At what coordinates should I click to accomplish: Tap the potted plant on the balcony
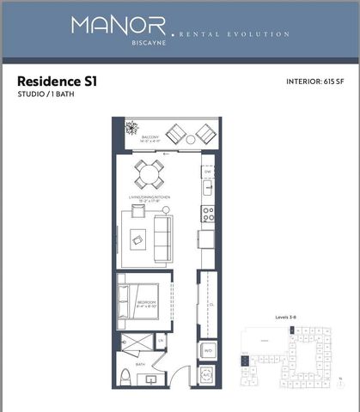131,130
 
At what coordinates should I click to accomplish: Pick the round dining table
148,175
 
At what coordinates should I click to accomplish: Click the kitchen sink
207,185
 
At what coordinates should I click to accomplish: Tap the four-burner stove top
207,213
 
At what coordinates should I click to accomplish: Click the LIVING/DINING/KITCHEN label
150,198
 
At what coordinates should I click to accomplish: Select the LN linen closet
161,342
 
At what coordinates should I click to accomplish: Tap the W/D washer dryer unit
207,350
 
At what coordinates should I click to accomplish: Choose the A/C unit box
207,376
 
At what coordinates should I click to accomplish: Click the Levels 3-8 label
286,318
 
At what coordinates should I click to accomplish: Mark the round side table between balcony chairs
191,138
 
